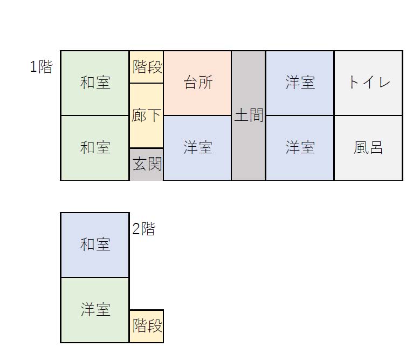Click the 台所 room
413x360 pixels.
point(197,83)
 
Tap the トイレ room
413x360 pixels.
point(368,83)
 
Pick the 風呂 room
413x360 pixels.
point(368,148)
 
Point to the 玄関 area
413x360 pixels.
point(147,164)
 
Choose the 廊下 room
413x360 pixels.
point(147,116)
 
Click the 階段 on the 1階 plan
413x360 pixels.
point(147,67)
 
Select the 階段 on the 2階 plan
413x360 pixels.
point(147,326)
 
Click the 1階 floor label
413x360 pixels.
point(41,67)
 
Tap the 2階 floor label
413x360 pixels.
point(143,229)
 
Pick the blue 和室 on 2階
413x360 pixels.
point(95,245)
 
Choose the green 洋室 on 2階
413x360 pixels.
point(95,310)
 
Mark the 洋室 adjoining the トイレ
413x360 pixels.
point(300,83)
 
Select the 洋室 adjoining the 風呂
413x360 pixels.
point(300,148)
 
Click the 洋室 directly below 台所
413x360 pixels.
point(197,148)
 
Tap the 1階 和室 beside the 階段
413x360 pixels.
point(95,83)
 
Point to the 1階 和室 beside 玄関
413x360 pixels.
point(95,148)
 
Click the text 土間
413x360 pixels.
point(249,115)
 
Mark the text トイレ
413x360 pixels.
point(368,83)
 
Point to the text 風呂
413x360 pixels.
point(368,148)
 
